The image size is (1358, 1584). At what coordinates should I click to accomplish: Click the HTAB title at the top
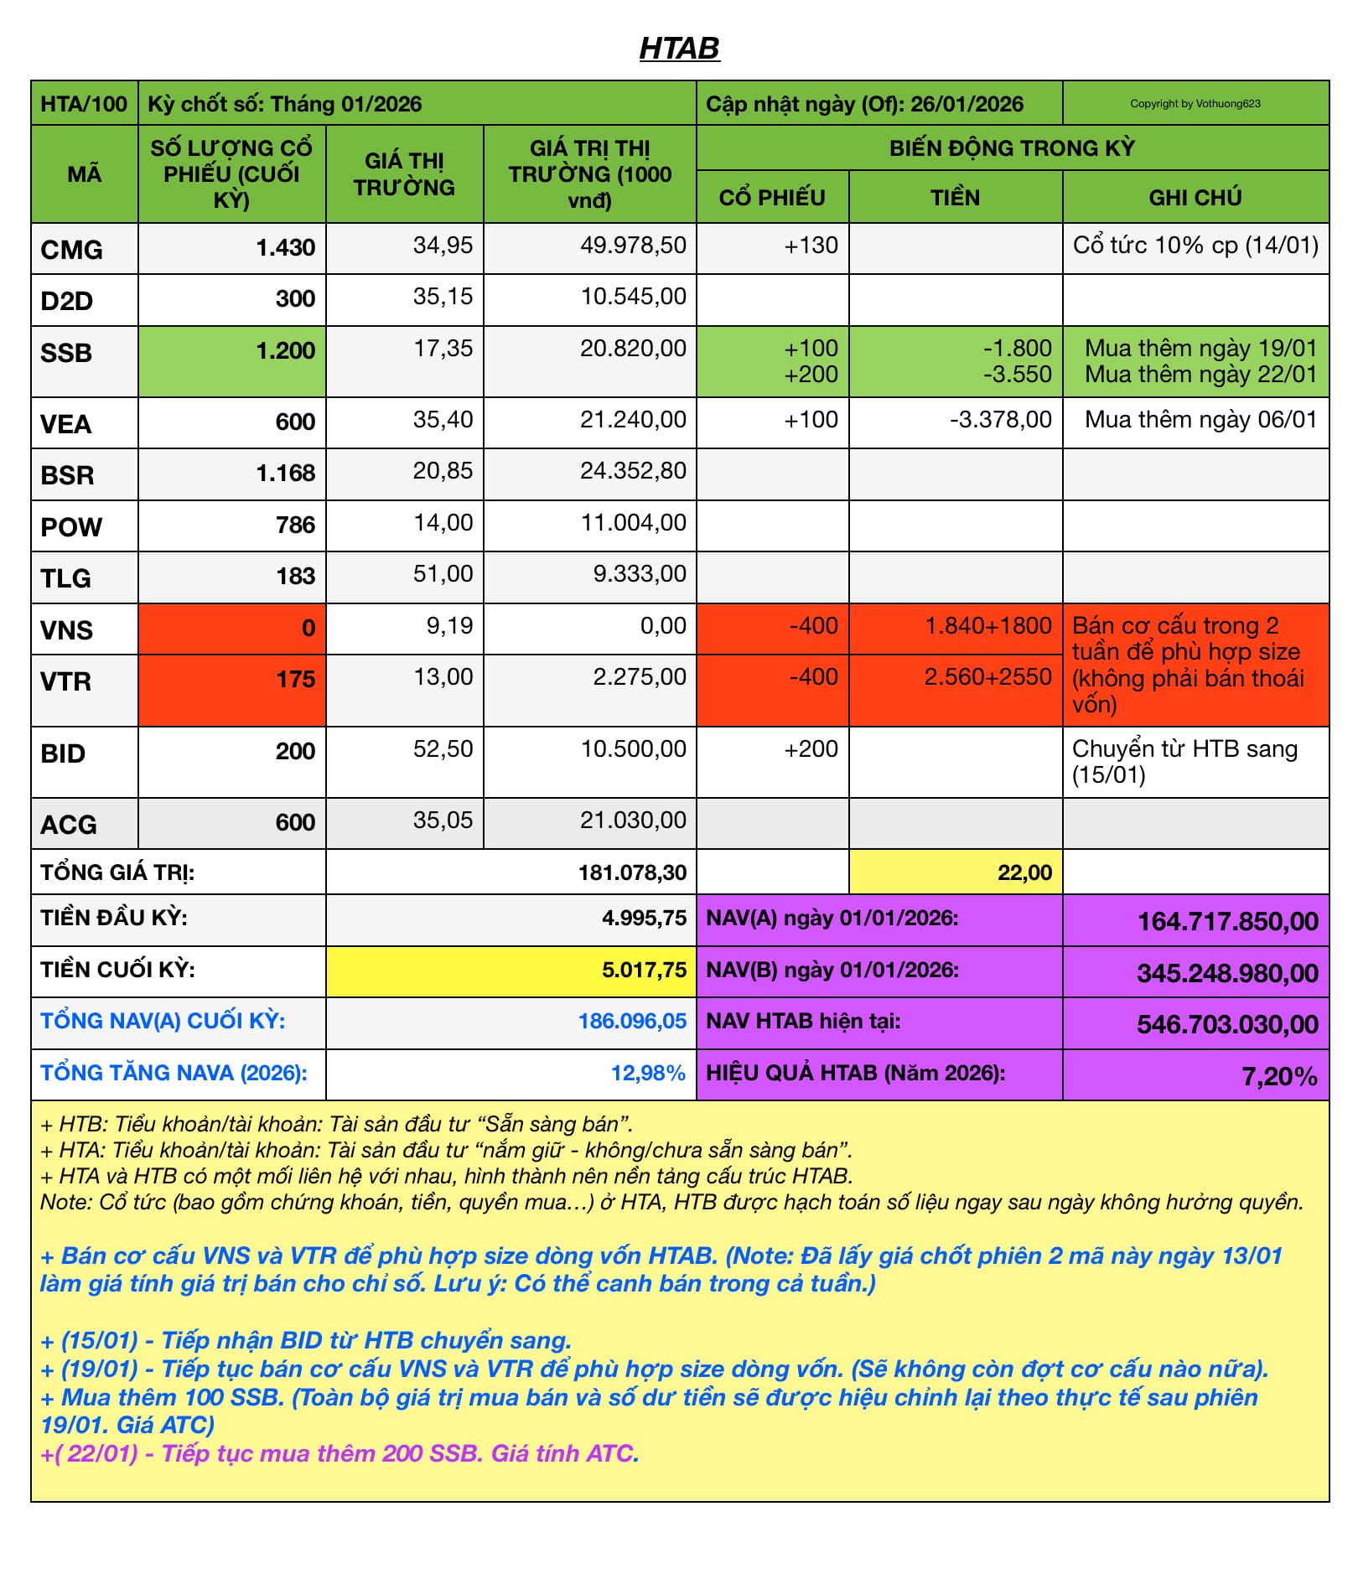pyautogui.click(x=679, y=48)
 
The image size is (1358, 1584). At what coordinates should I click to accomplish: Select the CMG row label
pyautogui.click(x=72, y=250)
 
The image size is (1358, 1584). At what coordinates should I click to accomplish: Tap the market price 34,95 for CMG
pyautogui.click(x=443, y=246)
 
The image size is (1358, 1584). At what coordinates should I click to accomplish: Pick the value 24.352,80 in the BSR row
pyautogui.click(x=633, y=471)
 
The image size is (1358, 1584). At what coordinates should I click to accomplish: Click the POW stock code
pyautogui.click(x=71, y=527)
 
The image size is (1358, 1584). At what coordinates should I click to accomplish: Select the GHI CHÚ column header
pyautogui.click(x=1195, y=198)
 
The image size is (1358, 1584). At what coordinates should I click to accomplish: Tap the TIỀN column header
pyautogui.click(x=955, y=198)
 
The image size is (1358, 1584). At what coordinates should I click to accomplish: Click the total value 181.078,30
pyautogui.click(x=632, y=873)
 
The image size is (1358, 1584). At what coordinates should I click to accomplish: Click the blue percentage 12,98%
pyautogui.click(x=648, y=1074)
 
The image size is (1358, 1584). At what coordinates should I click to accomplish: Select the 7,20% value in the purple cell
pyautogui.click(x=1279, y=1077)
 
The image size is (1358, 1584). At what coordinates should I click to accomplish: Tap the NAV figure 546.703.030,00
pyautogui.click(x=1227, y=1025)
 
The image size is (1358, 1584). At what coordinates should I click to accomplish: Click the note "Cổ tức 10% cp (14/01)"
pyautogui.click(x=1195, y=246)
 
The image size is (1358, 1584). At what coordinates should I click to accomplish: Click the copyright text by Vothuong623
pyautogui.click(x=1195, y=104)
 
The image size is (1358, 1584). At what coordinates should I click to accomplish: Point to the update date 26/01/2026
pyautogui.click(x=967, y=105)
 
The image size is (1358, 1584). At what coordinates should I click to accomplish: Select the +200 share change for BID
pyautogui.click(x=811, y=749)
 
